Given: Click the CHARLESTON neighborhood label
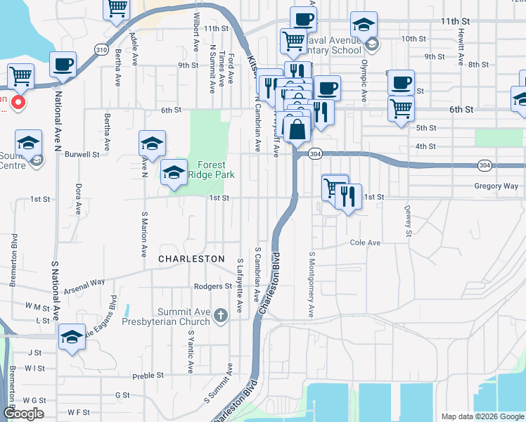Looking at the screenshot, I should [191, 259].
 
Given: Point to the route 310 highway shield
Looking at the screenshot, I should [102, 49].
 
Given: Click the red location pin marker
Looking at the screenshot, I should [18, 103].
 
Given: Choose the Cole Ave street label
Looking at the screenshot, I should [365, 243].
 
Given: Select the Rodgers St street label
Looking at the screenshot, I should [213, 287].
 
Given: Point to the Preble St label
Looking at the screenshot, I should [148, 376].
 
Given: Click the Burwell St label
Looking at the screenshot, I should [82, 154].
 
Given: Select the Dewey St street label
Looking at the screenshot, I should [407, 219].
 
